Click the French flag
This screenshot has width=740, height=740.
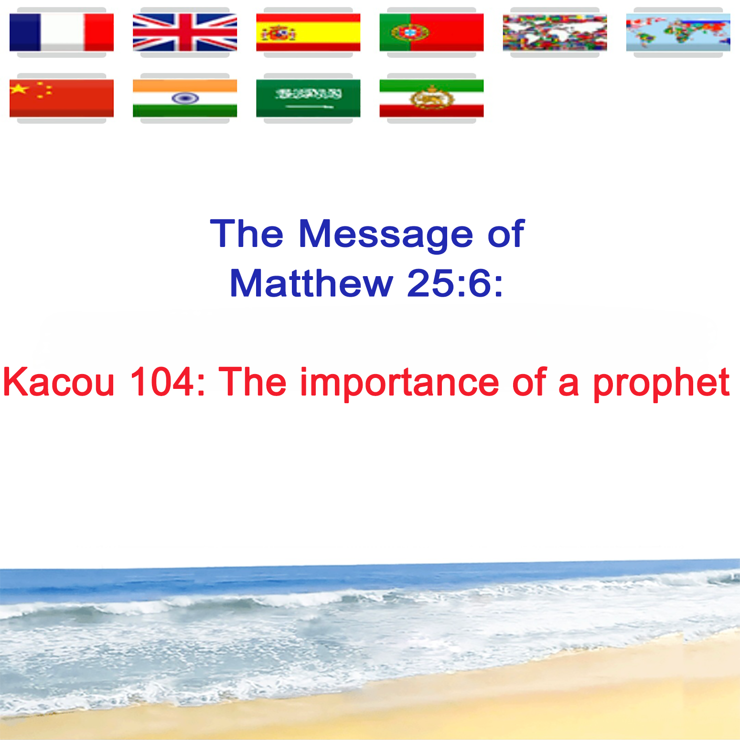tap(62, 32)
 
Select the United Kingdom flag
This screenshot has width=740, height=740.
tap(185, 32)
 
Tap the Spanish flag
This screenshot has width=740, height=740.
tap(308, 32)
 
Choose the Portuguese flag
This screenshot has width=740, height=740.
tap(431, 32)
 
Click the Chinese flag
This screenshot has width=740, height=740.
tap(62, 98)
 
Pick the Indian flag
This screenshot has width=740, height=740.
tap(185, 98)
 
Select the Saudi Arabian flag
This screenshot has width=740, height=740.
tap(308, 98)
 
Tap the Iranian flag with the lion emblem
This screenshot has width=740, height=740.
tap(431, 98)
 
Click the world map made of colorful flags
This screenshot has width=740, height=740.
tap(555, 32)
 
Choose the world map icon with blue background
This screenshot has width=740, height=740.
tap(678, 32)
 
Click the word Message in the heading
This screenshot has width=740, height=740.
tap(386, 234)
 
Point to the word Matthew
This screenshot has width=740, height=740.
tap(311, 283)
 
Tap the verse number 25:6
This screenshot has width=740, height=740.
tap(455, 283)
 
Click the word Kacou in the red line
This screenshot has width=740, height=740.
tap(59, 382)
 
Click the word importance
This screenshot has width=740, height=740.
tap(399, 383)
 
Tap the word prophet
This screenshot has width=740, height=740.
tap(662, 384)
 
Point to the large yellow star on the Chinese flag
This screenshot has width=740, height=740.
tap(20, 89)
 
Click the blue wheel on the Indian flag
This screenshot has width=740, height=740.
tap(185, 98)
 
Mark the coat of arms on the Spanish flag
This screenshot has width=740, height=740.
tap(278, 33)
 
